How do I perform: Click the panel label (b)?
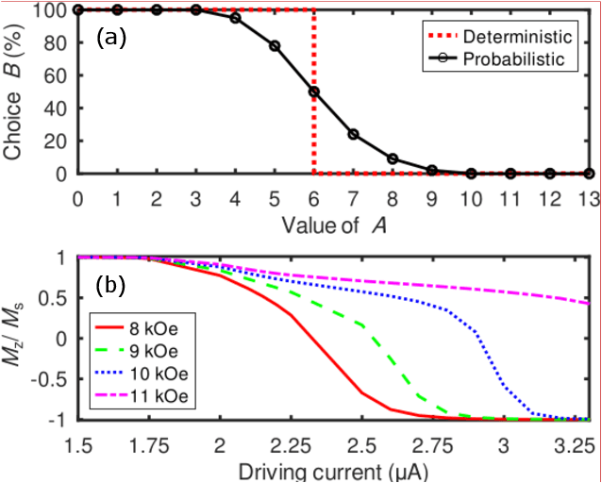click(x=113, y=283)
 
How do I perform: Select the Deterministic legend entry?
click(x=516, y=37)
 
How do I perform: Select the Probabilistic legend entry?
click(x=516, y=58)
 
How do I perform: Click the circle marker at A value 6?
click(x=313, y=92)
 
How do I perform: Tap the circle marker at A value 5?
click(x=275, y=45)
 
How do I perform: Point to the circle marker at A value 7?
click(x=353, y=134)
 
